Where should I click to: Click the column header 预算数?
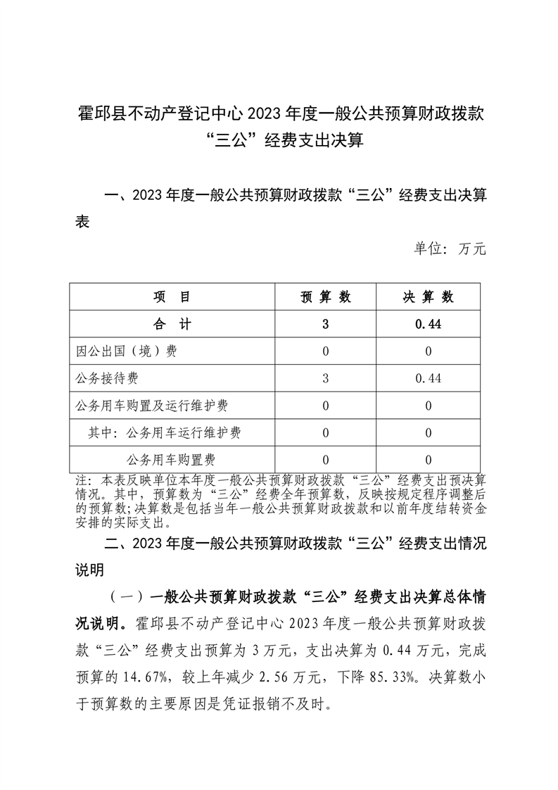click(x=326, y=297)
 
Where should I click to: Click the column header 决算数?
click(x=429, y=297)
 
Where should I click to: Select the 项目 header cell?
click(x=172, y=297)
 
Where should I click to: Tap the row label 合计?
click(x=172, y=324)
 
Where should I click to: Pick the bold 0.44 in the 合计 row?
click(x=429, y=324)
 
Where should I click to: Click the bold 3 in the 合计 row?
click(x=326, y=324)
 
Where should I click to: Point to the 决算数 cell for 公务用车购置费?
click(x=429, y=460)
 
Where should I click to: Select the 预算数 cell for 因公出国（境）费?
click(x=326, y=351)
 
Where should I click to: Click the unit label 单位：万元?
click(x=449, y=249)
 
